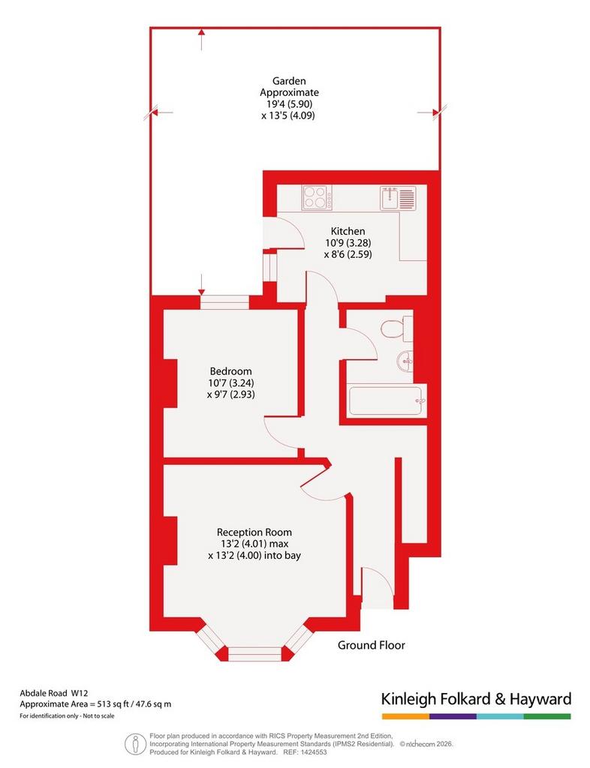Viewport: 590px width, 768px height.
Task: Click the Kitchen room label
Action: (348, 231)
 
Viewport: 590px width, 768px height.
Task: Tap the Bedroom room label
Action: (230, 371)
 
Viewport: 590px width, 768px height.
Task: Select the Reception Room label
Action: (254, 532)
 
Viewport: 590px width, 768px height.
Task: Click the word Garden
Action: (289, 81)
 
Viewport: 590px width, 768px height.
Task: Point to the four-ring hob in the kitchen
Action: (317, 197)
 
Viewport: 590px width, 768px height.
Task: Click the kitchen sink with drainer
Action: (398, 198)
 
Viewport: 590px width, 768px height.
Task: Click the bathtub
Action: (386, 400)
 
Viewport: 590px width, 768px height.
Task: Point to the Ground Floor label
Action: (372, 645)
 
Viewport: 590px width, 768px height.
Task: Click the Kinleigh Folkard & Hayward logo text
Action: (477, 699)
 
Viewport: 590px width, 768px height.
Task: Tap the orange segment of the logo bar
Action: (406, 716)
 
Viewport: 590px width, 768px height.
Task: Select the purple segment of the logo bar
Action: (453, 716)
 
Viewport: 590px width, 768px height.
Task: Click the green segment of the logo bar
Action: (547, 716)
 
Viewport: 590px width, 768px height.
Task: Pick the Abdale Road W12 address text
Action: (54, 693)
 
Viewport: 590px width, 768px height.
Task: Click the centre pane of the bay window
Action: (254, 653)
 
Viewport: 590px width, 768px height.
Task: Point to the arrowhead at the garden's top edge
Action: (201, 31)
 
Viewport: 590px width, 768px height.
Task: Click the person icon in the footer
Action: (133, 744)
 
